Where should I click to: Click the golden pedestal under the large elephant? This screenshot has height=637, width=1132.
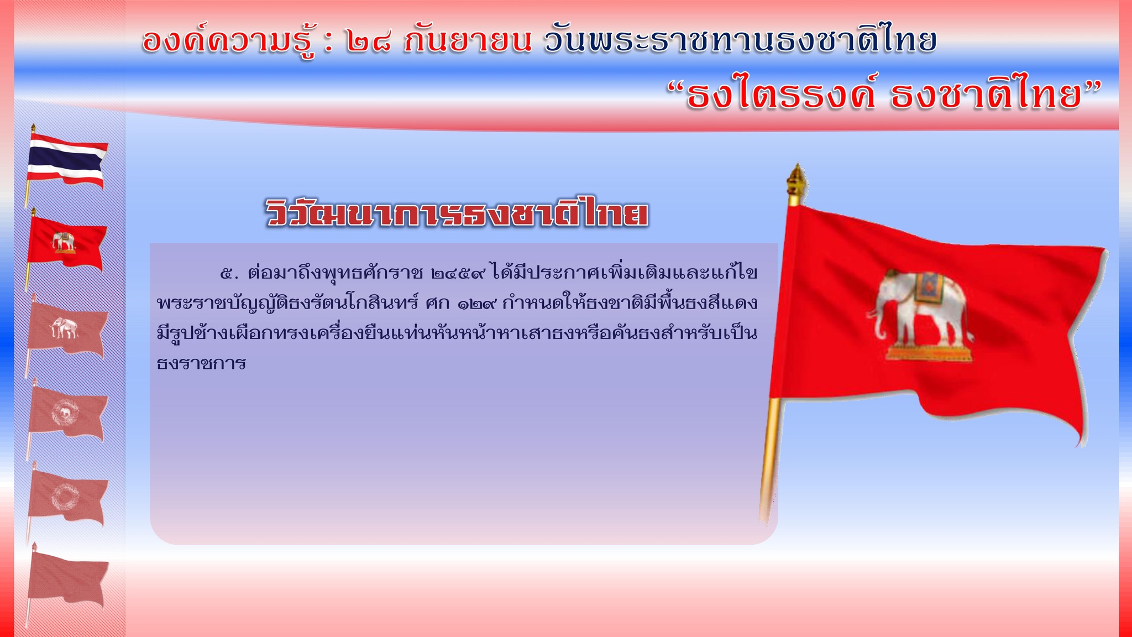929,352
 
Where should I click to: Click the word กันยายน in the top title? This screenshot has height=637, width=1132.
468,40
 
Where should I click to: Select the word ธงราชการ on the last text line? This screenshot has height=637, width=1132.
201,364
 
